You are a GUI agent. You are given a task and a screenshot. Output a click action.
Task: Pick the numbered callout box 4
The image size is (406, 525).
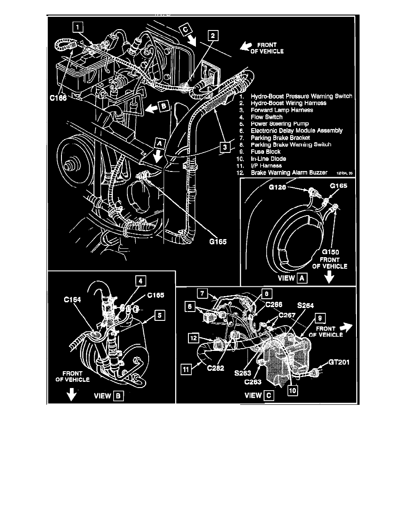click(x=140, y=281)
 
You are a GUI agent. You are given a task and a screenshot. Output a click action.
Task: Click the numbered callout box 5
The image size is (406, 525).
click(x=158, y=315)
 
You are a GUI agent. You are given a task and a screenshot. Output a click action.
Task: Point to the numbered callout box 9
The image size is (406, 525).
click(x=319, y=317)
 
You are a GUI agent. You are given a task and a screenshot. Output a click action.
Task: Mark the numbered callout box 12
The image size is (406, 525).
click(x=194, y=338)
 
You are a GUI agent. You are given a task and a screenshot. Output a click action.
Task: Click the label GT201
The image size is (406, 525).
click(x=339, y=362)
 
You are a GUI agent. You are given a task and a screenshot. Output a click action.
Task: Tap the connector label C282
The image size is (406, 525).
click(x=214, y=366)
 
